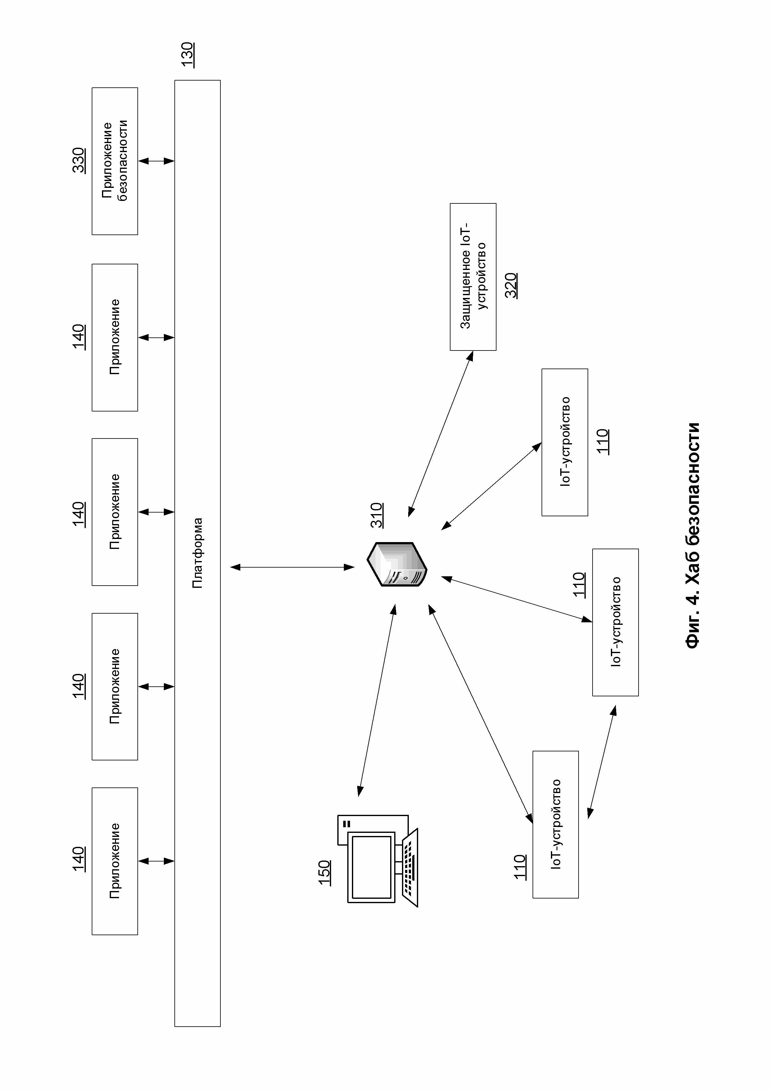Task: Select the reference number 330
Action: coord(78,160)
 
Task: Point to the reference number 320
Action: coord(511,285)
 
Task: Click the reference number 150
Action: coord(325,872)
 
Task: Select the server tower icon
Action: coord(397,564)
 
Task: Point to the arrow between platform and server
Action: coord(292,567)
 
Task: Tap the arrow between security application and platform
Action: coord(156,161)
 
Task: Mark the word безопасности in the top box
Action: coord(122,161)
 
